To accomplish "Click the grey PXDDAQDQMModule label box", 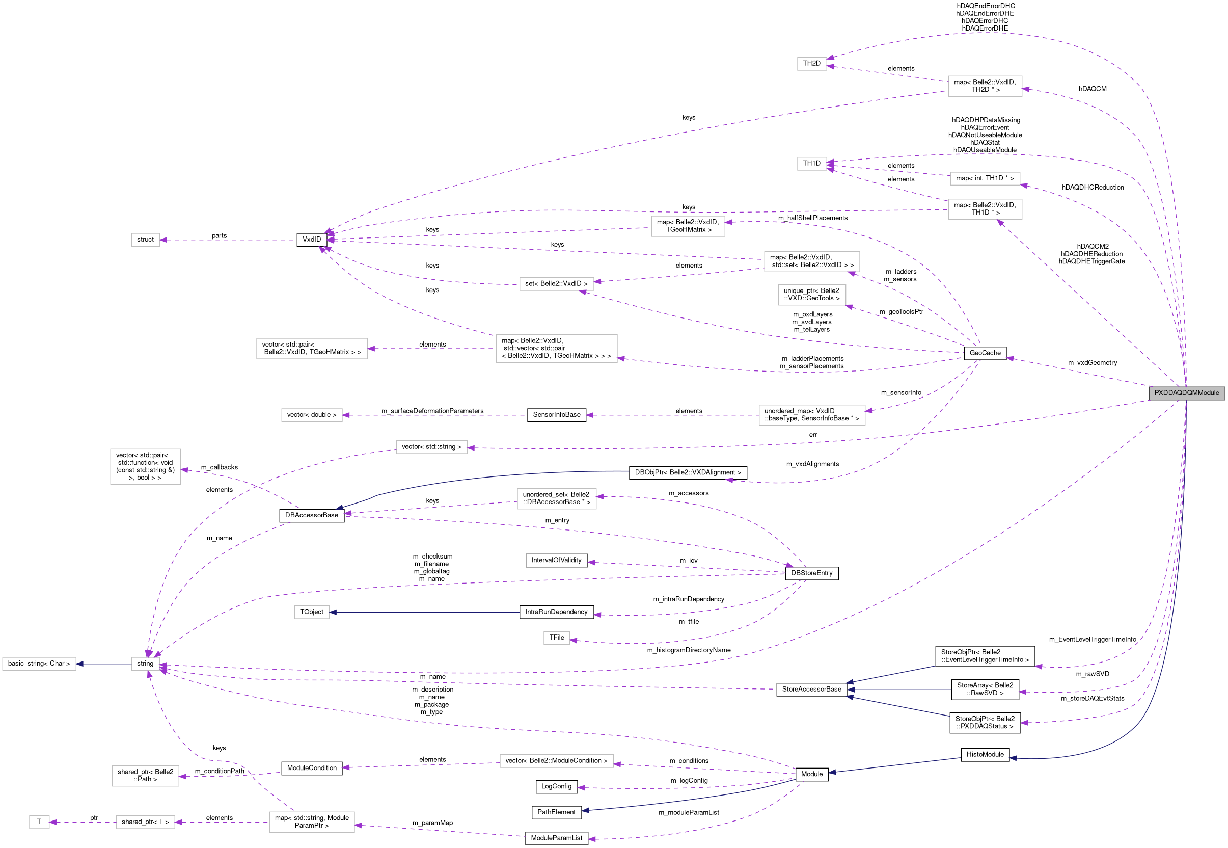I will pyautogui.click(x=1186, y=392).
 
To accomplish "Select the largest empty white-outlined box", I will pyautogui.click(x=556, y=349).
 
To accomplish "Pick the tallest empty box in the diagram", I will pyautogui.click(x=146, y=466).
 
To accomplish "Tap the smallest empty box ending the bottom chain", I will pyautogui.click(x=39, y=822).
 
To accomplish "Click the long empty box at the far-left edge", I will pyautogui.click(x=39, y=664).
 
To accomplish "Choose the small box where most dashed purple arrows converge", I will pyautogui.click(x=146, y=664).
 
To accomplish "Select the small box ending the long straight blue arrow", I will pyautogui.click(x=312, y=612).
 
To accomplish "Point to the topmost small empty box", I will pyautogui.click(x=812, y=64).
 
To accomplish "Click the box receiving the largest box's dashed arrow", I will pyautogui.click(x=312, y=349).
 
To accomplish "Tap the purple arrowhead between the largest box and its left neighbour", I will pyautogui.click(x=371, y=349).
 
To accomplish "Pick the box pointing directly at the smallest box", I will pyautogui.click(x=146, y=822).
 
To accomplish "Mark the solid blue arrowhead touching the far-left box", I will pyautogui.click(x=79, y=664).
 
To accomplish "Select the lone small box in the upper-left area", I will pyautogui.click(x=146, y=240).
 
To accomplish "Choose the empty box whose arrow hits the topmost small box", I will pyautogui.click(x=985, y=86).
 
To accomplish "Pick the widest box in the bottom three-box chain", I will pyautogui.click(x=312, y=821).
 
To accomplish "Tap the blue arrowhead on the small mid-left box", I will pyautogui.click(x=333, y=612).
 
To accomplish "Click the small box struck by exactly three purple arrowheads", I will pyautogui.click(x=812, y=164).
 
